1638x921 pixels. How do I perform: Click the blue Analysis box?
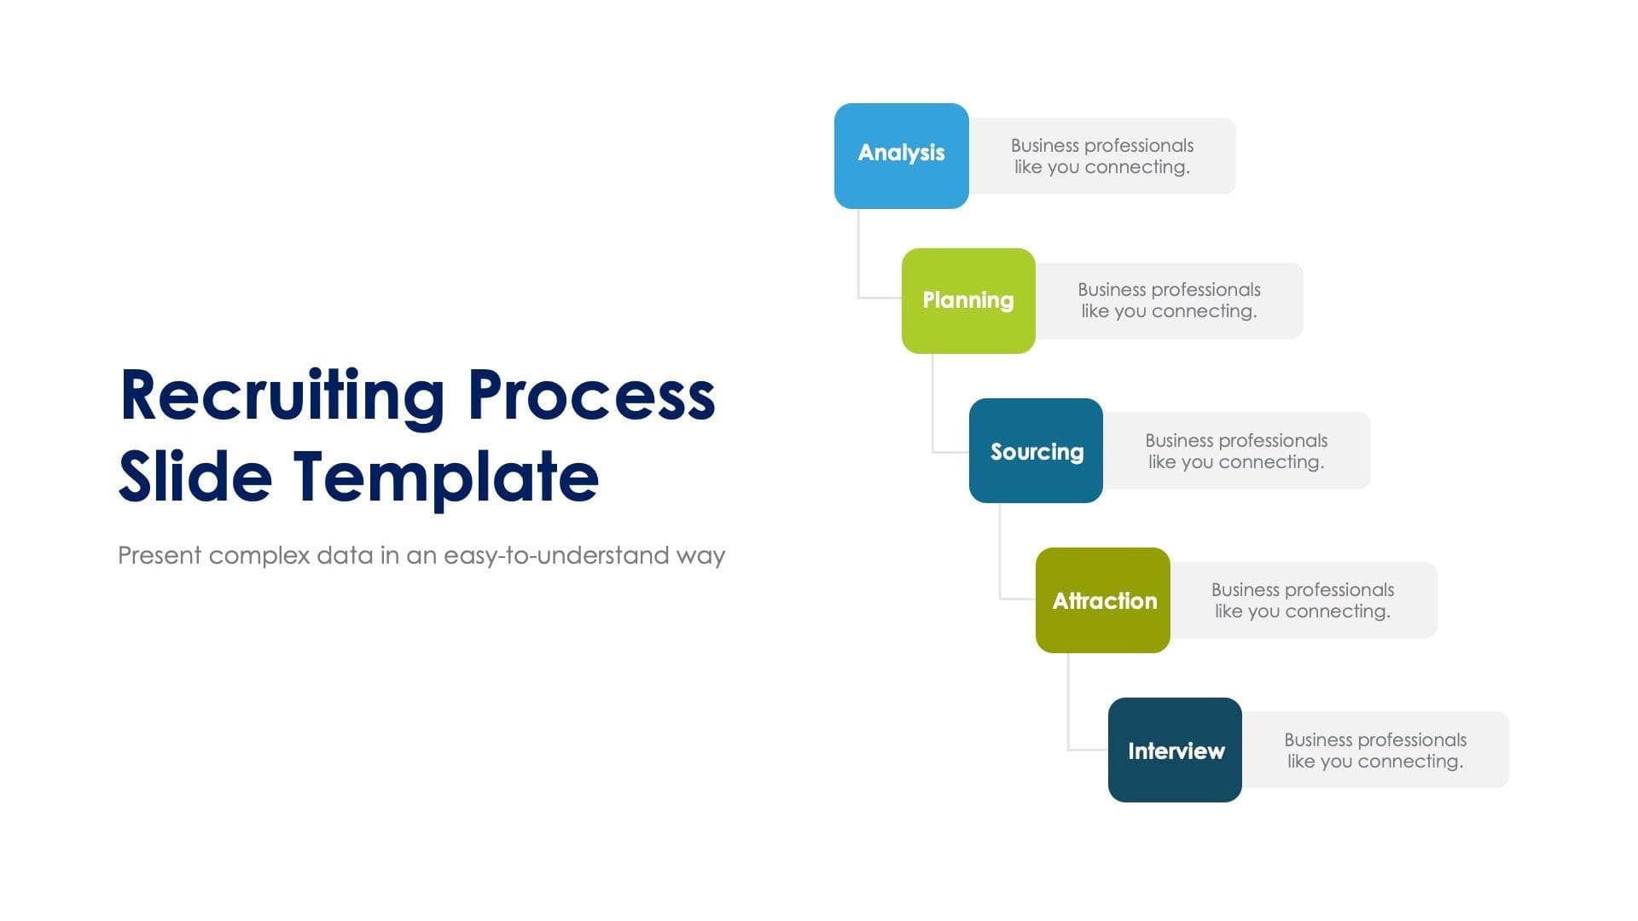click(901, 156)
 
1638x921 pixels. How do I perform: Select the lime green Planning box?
click(968, 301)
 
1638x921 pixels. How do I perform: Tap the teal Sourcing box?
click(1036, 450)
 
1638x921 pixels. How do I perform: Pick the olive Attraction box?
click(1102, 600)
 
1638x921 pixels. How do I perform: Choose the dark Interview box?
click(1175, 750)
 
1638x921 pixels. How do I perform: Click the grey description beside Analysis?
click(1101, 156)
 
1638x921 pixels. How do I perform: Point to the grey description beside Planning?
click(1169, 301)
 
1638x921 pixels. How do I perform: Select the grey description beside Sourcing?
click(1236, 451)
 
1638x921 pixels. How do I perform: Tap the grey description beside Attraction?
click(1303, 600)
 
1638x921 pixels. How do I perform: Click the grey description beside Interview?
click(1375, 750)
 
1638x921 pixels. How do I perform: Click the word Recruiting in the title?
click(282, 397)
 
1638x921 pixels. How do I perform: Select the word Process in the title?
click(591, 397)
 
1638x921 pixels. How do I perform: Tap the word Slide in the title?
click(195, 476)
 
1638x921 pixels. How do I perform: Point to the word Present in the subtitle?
click(160, 556)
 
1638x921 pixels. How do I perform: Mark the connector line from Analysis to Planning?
click(858, 256)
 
